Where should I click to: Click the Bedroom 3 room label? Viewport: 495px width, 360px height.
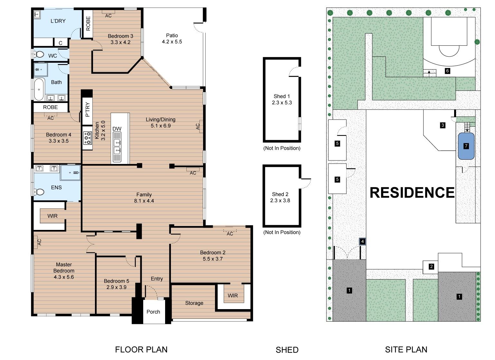(120, 36)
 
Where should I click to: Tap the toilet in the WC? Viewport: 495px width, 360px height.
(39, 54)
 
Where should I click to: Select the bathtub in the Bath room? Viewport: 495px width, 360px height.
(39, 89)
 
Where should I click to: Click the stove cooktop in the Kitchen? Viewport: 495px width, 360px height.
(88, 138)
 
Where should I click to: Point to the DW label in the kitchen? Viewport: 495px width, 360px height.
(117, 129)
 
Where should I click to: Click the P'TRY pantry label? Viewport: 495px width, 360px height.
(88, 109)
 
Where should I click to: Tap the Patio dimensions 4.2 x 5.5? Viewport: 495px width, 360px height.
(172, 42)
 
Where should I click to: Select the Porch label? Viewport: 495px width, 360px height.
(153, 312)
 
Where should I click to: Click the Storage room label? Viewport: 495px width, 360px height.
(194, 303)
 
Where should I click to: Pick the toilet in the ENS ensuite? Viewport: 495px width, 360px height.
(39, 192)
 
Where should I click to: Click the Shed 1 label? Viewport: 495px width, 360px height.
(282, 96)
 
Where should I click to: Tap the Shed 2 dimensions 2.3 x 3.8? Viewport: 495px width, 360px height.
(280, 201)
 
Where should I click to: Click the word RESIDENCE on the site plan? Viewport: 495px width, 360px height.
(412, 193)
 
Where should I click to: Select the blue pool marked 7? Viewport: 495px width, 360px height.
(466, 146)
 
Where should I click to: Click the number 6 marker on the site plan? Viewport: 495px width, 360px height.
(447, 71)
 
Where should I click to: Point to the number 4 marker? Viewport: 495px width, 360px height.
(362, 242)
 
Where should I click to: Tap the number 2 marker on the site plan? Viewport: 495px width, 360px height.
(431, 267)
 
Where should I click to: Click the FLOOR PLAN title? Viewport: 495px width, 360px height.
(141, 350)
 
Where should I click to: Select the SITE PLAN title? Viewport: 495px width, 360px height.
(406, 350)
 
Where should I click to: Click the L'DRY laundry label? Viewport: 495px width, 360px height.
(58, 21)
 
